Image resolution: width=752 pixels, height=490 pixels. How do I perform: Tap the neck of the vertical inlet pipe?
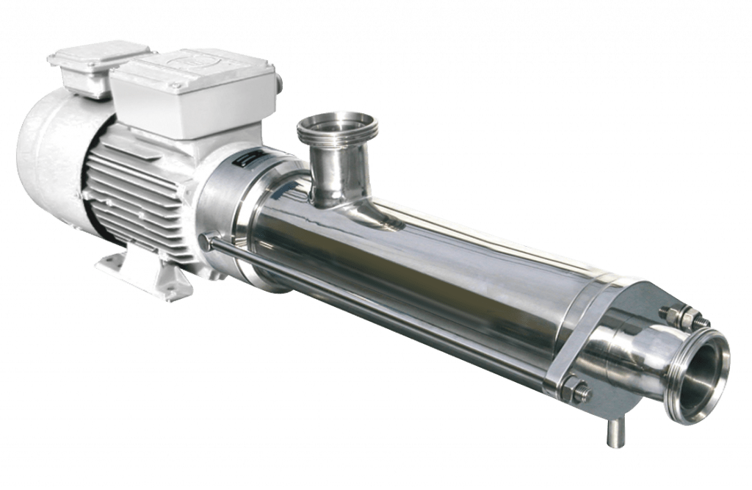pyautogui.click(x=334, y=173)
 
